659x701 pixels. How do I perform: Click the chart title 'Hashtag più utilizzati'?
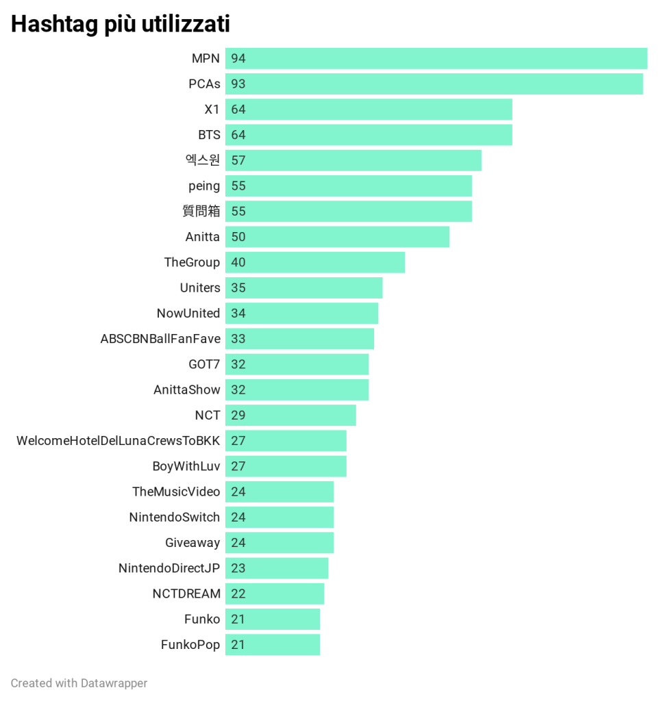pyautogui.click(x=121, y=24)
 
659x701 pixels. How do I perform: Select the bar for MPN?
pyautogui.click(x=436, y=58)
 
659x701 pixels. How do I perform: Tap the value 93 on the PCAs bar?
pyautogui.click(x=238, y=84)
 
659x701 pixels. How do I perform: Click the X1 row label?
pyautogui.click(x=212, y=110)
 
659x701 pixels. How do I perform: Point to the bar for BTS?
pyautogui.click(x=369, y=135)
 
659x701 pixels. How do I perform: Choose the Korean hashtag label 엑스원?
pyautogui.click(x=203, y=160)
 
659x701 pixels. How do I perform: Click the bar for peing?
pyautogui.click(x=348, y=186)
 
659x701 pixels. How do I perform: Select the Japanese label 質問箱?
pyautogui.click(x=201, y=212)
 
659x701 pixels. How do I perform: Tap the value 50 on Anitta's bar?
pyautogui.click(x=238, y=237)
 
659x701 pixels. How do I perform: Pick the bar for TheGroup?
pyautogui.click(x=315, y=262)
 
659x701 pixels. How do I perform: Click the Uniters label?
pyautogui.click(x=200, y=288)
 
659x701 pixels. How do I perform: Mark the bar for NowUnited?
pyautogui.click(x=301, y=313)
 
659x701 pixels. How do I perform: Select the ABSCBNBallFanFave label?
pyautogui.click(x=160, y=339)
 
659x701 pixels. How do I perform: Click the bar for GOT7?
pyautogui.click(x=297, y=364)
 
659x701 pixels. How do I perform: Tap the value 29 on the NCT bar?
pyautogui.click(x=238, y=415)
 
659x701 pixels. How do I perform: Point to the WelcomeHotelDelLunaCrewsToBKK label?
pyautogui.click(x=119, y=441)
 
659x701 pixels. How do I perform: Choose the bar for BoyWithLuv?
pyautogui.click(x=286, y=466)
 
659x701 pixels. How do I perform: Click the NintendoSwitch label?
pyautogui.click(x=175, y=517)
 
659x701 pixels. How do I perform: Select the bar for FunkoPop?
pyautogui.click(x=273, y=644)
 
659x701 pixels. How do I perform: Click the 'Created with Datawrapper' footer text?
pyautogui.click(x=79, y=683)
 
